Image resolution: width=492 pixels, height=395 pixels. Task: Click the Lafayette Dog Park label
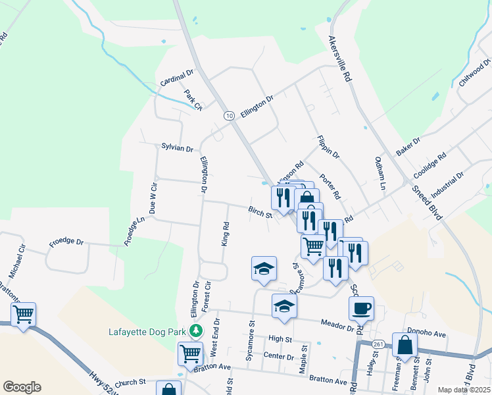[x=149, y=331]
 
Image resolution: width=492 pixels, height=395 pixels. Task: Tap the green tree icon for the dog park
[x=195, y=330]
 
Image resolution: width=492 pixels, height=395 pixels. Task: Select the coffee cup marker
[x=361, y=308]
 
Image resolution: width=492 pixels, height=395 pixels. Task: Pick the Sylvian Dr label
[x=177, y=148]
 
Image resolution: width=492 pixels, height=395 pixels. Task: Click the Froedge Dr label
[x=66, y=243]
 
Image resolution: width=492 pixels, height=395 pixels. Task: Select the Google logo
[x=22, y=387]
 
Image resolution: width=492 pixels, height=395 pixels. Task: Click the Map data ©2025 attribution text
[x=464, y=390]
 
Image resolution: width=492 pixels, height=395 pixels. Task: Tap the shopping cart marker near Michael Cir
[x=24, y=315]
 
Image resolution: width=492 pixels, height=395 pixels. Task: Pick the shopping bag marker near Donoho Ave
[x=405, y=345]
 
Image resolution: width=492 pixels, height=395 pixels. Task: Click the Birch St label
[x=260, y=212]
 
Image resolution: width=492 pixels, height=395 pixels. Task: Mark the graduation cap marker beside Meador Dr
[x=284, y=306]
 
